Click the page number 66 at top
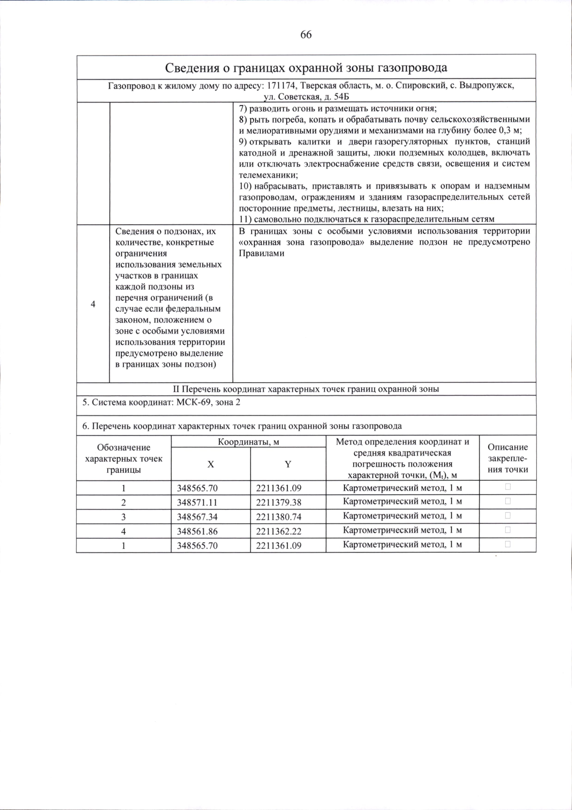pyautogui.click(x=306, y=34)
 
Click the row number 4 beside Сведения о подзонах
pyautogui.click(x=93, y=304)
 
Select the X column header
pyautogui.click(x=210, y=464)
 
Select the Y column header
pyautogui.click(x=288, y=464)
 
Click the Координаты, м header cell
pyautogui.click(x=248, y=442)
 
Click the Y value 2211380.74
pyautogui.click(x=278, y=517)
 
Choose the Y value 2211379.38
pyautogui.click(x=278, y=502)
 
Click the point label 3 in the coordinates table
pyautogui.click(x=123, y=517)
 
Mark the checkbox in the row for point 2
pyautogui.click(x=508, y=501)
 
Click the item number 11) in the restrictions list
pyautogui.click(x=245, y=219)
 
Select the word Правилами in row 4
pyautogui.click(x=261, y=253)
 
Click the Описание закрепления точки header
pyautogui.click(x=508, y=458)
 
